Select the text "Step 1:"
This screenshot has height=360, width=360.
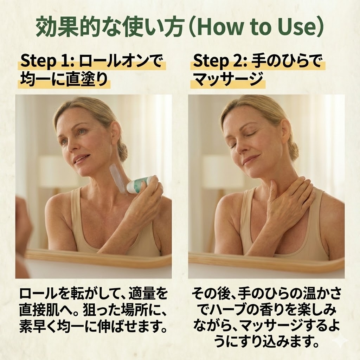coord(47,61)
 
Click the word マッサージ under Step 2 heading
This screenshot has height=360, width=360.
coord(227,79)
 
